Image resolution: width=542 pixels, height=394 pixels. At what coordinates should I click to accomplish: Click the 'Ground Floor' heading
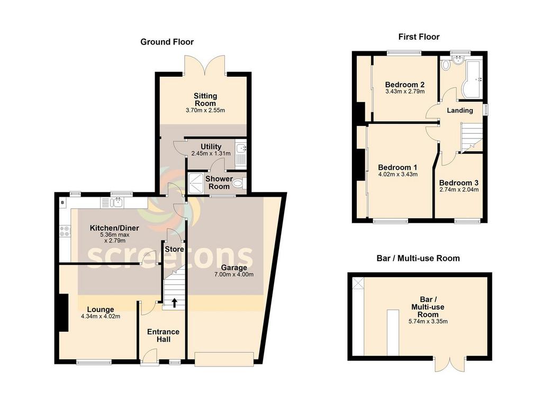(x=167, y=42)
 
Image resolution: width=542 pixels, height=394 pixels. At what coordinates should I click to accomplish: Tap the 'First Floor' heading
(x=419, y=37)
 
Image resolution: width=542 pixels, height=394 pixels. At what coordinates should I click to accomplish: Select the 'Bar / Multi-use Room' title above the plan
(x=418, y=258)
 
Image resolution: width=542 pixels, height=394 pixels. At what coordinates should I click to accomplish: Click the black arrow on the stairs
(x=174, y=303)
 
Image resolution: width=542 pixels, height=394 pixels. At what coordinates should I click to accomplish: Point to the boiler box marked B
(x=62, y=203)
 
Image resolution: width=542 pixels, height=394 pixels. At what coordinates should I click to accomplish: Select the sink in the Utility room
(x=241, y=148)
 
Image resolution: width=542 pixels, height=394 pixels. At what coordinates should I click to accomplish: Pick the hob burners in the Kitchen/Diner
(x=65, y=231)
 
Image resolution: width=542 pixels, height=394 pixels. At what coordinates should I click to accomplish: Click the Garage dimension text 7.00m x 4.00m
(x=234, y=274)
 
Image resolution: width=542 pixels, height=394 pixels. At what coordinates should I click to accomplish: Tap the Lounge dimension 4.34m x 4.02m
(x=101, y=316)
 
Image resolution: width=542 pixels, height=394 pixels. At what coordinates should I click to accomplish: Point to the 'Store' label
(x=174, y=249)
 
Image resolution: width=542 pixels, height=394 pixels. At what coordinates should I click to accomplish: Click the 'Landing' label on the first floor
(x=460, y=111)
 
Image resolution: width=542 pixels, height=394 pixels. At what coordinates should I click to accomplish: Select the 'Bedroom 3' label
(x=459, y=183)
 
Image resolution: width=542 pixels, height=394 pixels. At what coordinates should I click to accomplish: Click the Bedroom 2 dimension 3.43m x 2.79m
(x=405, y=91)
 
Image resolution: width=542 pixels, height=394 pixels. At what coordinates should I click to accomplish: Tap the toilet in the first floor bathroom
(x=445, y=65)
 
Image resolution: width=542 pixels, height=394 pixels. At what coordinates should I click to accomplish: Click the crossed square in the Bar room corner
(x=358, y=283)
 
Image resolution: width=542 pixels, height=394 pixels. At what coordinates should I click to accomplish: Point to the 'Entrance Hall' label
(x=163, y=336)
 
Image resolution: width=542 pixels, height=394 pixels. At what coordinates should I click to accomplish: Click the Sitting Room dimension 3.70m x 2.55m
(x=205, y=111)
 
